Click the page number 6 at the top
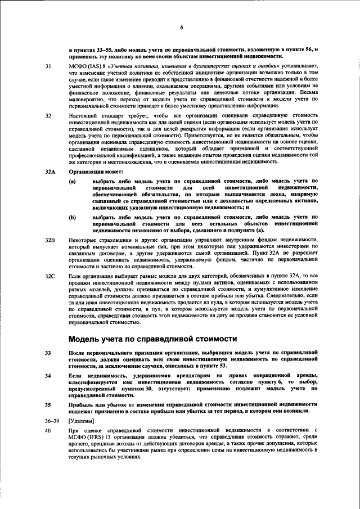tap(182, 28)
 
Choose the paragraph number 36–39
tap(52, 421)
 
